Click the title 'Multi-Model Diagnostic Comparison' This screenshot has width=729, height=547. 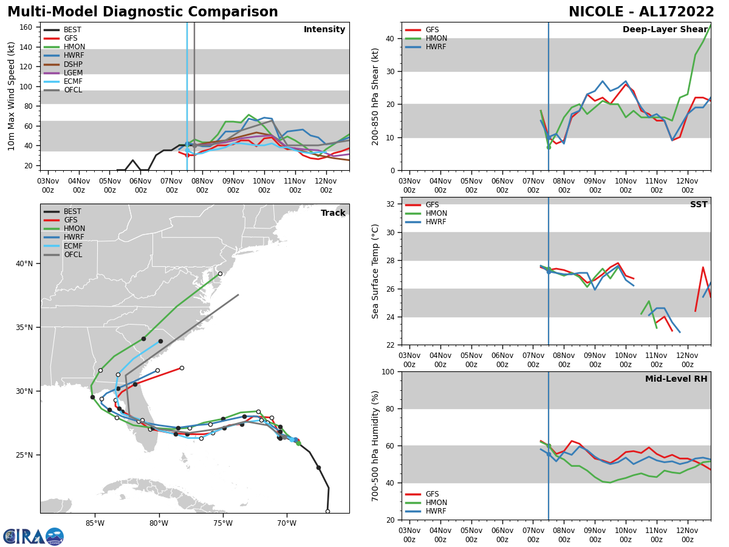[x=142, y=12]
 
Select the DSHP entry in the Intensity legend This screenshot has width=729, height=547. [x=73, y=64]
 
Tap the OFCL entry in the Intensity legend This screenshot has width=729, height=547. [x=73, y=90]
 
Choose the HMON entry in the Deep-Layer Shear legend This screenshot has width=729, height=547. [x=436, y=38]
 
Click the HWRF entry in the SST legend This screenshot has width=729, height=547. [x=436, y=222]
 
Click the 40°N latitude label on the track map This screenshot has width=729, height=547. [x=24, y=264]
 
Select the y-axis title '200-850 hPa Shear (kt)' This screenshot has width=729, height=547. [x=375, y=96]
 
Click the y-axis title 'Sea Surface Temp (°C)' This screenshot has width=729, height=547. [x=375, y=271]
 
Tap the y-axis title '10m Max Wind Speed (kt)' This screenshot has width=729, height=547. [x=11, y=96]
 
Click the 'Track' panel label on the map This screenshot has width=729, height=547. [x=333, y=213]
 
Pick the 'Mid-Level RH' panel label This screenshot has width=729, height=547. [x=676, y=379]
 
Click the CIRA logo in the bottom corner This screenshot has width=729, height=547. [x=33, y=537]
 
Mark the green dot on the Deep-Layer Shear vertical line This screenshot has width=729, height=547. [x=549, y=147]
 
